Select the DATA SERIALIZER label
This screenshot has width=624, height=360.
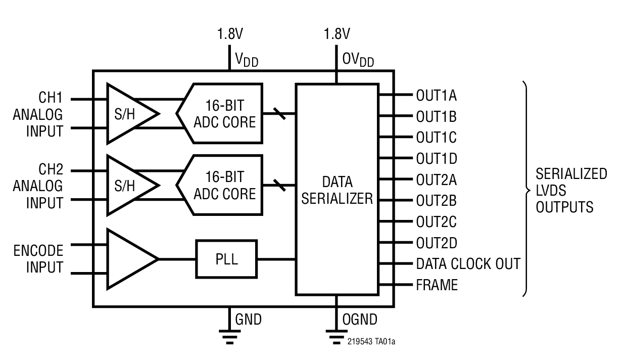(x=337, y=190)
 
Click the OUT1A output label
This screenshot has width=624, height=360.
(x=436, y=95)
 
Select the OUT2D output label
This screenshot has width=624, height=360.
(x=436, y=243)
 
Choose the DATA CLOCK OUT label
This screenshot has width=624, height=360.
(x=468, y=264)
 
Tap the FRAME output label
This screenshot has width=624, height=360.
(x=437, y=285)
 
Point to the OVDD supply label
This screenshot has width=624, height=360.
(x=358, y=60)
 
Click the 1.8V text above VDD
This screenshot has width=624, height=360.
(x=230, y=34)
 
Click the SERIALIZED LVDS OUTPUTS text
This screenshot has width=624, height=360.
(x=571, y=190)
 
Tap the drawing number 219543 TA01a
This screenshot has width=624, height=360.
(x=371, y=342)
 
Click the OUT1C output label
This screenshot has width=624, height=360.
(x=436, y=138)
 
